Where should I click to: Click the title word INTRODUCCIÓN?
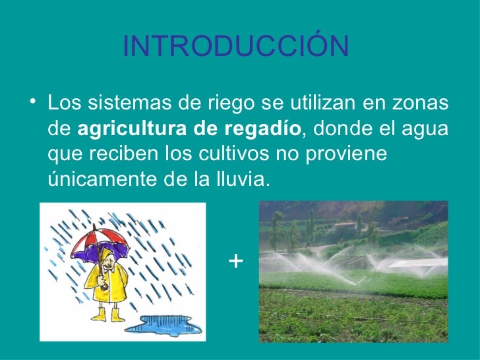click(235, 46)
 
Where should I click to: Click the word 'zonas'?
click(420, 104)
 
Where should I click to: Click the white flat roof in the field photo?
click(415, 262)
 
